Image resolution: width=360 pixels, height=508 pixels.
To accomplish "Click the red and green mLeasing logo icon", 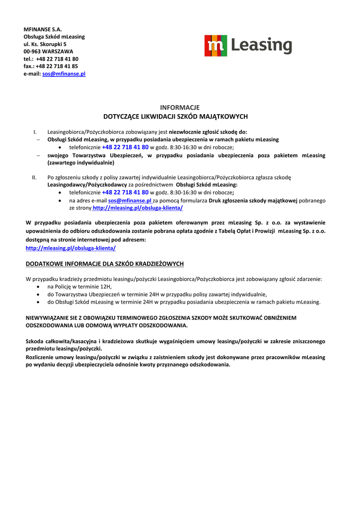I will tap(216, 46).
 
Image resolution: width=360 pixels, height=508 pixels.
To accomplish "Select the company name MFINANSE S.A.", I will tap(42, 29).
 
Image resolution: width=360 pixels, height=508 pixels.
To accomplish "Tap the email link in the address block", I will tap(64, 73).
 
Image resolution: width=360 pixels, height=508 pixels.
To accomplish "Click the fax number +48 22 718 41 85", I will tap(57, 66).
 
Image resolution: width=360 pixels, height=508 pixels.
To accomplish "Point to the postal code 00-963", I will tap(32, 51).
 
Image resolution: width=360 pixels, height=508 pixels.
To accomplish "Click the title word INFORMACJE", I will tap(180, 107).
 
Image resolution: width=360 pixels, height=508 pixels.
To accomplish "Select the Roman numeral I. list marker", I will tap(35, 132).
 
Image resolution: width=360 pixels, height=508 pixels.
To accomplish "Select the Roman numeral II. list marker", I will tap(34, 177).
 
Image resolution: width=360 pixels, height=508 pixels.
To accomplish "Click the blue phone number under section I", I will tap(125, 147).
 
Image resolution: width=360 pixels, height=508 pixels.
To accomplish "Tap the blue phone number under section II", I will tap(125, 192).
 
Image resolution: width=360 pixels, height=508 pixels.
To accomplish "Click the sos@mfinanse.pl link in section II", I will tap(129, 200).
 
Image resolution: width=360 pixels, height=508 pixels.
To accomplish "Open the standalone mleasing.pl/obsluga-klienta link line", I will tap(71, 247).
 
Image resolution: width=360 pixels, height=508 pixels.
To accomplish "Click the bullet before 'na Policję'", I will tap(40, 287).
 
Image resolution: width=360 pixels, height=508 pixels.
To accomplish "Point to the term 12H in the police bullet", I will tap(106, 287).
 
